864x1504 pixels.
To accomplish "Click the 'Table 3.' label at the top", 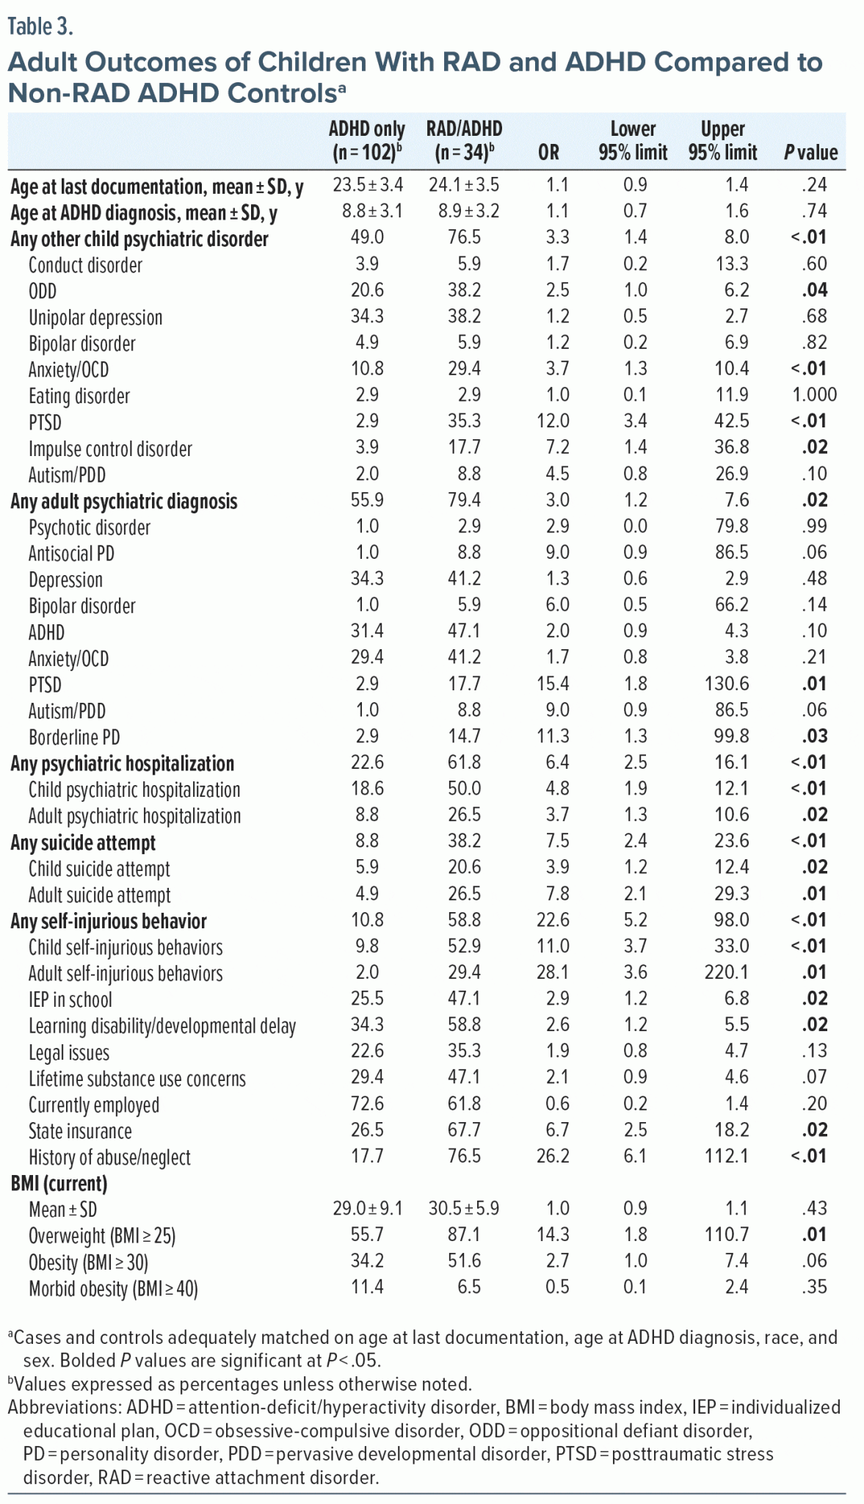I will point(40,26).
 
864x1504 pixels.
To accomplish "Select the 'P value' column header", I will point(810,153).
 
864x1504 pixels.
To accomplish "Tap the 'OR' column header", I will point(548,153).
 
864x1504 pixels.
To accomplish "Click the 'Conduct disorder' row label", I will point(85,265).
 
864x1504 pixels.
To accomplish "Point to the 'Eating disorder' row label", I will point(79,397).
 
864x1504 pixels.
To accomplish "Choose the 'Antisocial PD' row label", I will point(72,554).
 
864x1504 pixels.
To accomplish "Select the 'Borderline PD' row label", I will point(74,737).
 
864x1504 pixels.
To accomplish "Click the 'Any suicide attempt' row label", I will point(83,843).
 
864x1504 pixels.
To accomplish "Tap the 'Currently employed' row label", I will point(94,1105).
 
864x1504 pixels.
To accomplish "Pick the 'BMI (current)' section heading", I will point(59,1184).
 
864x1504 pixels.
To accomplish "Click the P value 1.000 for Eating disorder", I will point(814,395).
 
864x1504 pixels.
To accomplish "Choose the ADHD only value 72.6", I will point(367,1104).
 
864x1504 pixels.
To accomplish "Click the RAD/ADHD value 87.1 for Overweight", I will point(464,1235).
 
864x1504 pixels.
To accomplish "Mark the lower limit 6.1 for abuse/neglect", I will point(635,1157).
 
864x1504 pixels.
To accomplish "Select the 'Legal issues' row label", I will point(69,1053).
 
